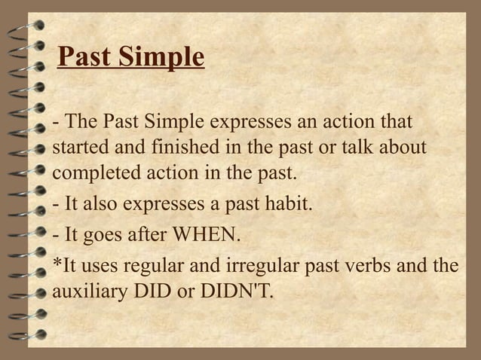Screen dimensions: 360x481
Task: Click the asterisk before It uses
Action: pos(56,263)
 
